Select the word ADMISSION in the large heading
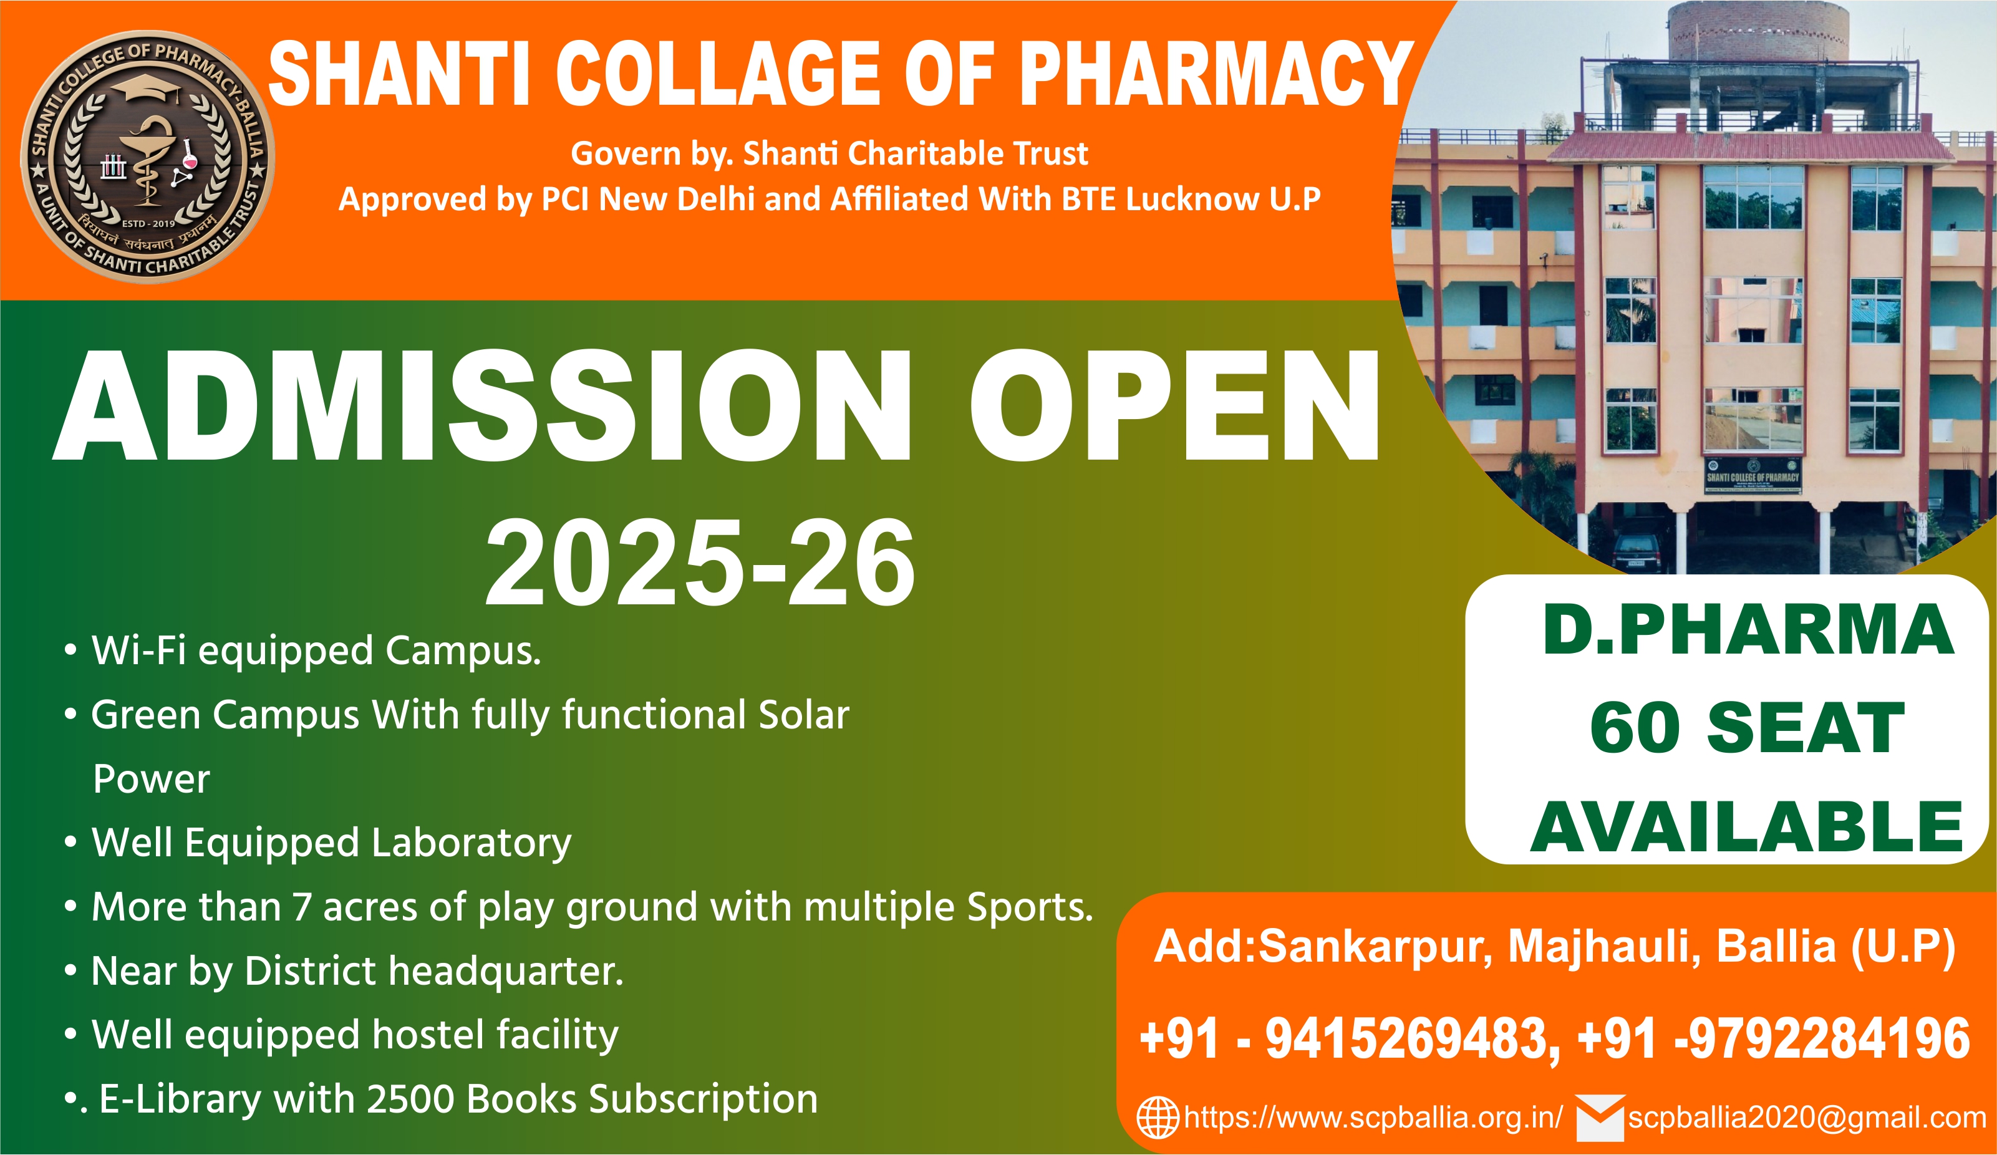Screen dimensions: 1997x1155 tap(483, 405)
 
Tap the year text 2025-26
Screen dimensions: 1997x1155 tap(700, 563)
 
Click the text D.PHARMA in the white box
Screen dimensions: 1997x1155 tap(1748, 630)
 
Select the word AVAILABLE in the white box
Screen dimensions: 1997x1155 tap(1746, 828)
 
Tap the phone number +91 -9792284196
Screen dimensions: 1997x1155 tap(1774, 1038)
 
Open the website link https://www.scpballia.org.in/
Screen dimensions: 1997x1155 tap(1373, 1118)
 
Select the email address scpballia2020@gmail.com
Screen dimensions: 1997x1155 tap(1807, 1118)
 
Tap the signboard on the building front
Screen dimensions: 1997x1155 tap(1753, 475)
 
